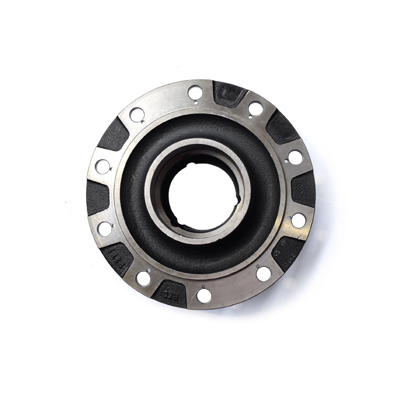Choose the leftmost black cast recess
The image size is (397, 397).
[98, 196]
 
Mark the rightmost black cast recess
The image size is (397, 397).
[303, 188]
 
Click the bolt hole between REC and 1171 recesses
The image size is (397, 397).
[143, 277]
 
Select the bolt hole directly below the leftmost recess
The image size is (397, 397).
[105, 228]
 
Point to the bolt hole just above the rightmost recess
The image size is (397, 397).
[295, 158]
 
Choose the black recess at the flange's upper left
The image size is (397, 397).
[114, 133]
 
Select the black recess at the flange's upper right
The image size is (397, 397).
[283, 128]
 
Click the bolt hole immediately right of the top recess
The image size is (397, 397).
[256, 109]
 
